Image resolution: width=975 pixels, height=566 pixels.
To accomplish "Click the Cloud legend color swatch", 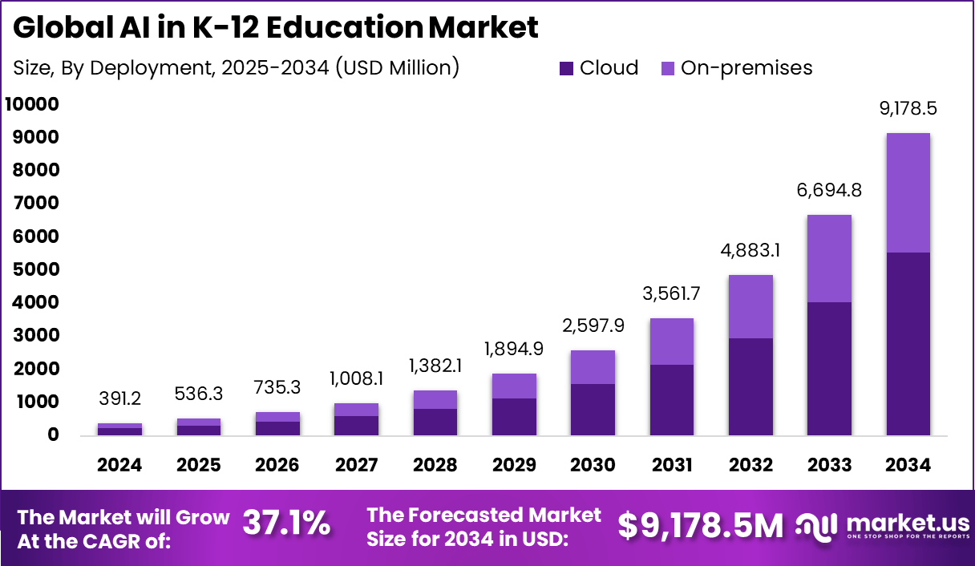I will pyautogui.click(x=567, y=69).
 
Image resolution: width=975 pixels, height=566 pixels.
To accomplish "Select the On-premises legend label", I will pyautogui.click(x=746, y=68).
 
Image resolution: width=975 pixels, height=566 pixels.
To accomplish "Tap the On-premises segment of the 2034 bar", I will pyautogui.click(x=908, y=192).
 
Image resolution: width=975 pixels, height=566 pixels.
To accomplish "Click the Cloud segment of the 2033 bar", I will pyautogui.click(x=830, y=369).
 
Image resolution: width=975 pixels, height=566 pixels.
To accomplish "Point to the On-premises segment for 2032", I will pyautogui.click(x=751, y=306).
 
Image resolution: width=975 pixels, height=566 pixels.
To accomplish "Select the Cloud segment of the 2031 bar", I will pyautogui.click(x=672, y=400).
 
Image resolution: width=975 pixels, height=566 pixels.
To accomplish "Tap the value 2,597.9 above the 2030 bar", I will pyautogui.click(x=593, y=325).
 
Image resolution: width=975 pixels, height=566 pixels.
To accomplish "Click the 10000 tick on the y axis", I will pyautogui.click(x=32, y=104).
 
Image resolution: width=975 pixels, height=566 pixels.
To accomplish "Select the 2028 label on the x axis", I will pyautogui.click(x=435, y=466).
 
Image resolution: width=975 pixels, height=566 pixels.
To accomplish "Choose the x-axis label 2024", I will pyautogui.click(x=119, y=466).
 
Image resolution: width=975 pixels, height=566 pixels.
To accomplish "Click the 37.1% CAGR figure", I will pyautogui.click(x=286, y=524).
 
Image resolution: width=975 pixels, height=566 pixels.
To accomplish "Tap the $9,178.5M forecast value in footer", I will pyautogui.click(x=701, y=526).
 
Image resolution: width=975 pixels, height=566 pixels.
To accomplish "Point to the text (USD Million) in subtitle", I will pyautogui.click(x=397, y=68).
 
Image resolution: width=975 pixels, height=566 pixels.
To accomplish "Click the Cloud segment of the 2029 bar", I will pyautogui.click(x=514, y=417).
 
